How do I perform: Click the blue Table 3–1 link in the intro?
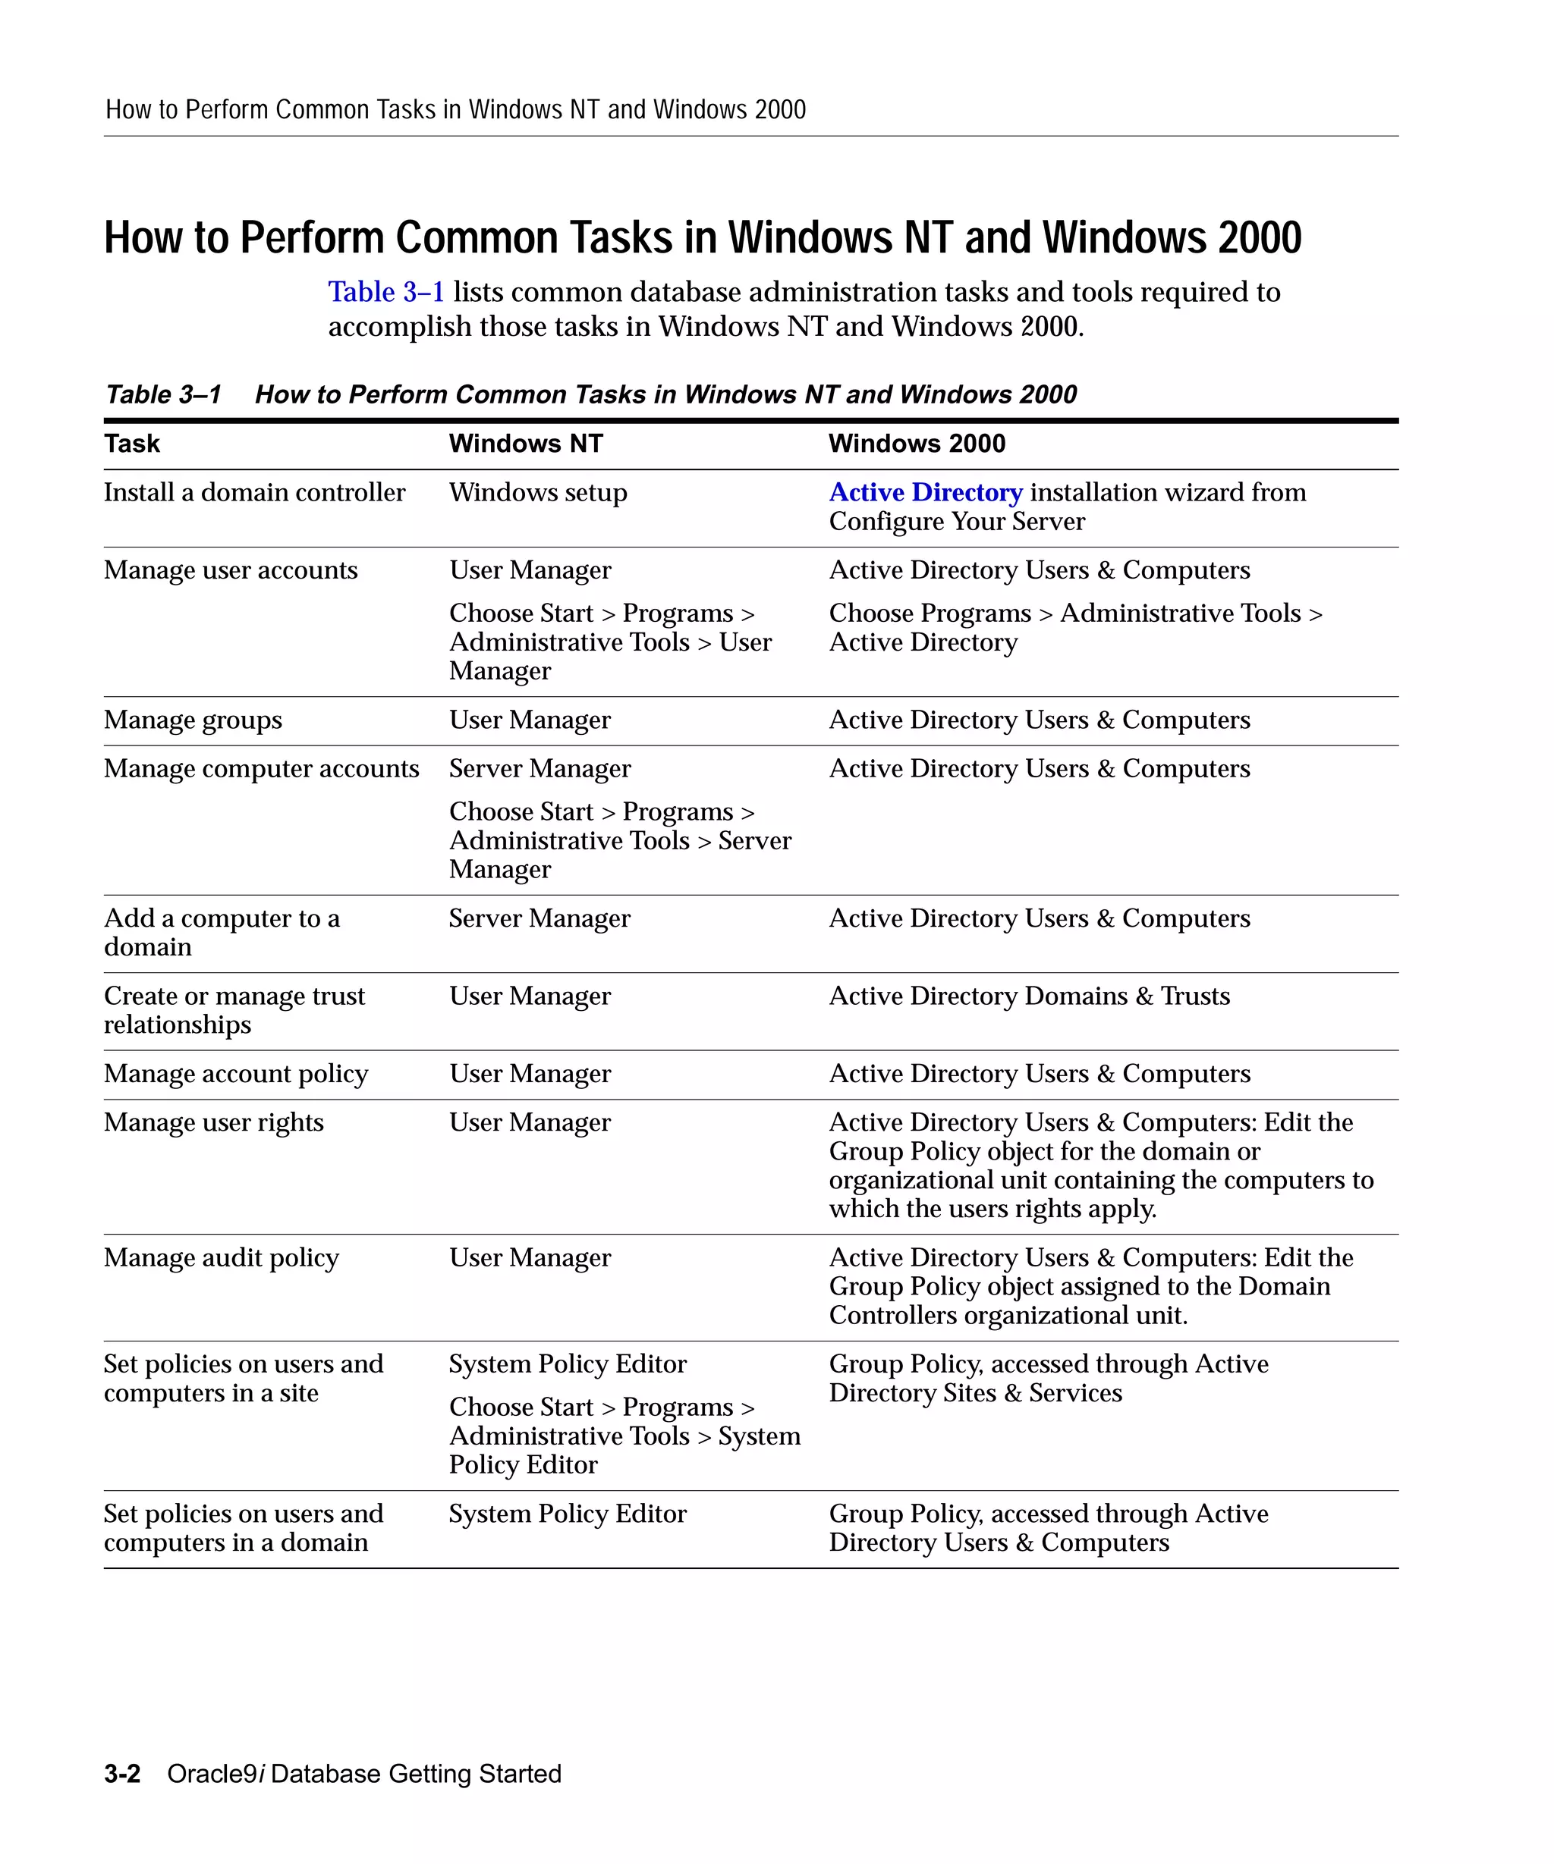tap(385, 292)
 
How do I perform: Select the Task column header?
tap(131, 444)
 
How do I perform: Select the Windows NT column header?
tap(525, 444)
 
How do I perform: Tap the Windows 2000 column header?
tap(916, 444)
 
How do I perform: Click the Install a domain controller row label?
tap(254, 493)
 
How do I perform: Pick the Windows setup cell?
tap(537, 493)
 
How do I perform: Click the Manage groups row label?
tap(193, 720)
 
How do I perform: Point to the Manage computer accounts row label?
tap(261, 769)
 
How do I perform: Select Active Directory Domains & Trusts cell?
tap(1028, 996)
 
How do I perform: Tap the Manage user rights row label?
tap(213, 1123)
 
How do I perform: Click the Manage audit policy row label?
tap(221, 1258)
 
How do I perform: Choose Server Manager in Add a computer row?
tap(539, 918)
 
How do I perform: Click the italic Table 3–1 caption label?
tap(163, 394)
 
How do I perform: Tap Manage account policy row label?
tap(235, 1074)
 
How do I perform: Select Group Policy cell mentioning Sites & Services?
tap(1048, 1379)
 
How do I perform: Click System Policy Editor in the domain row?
tap(568, 1514)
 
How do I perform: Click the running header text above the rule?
tap(455, 110)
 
